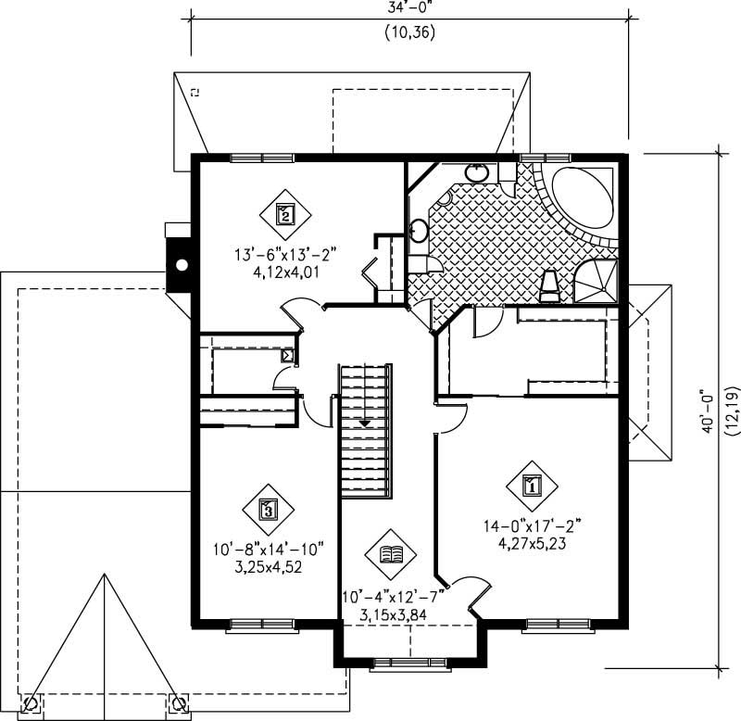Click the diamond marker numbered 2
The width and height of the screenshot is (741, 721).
(x=285, y=214)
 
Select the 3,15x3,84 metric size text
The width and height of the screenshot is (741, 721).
(x=392, y=616)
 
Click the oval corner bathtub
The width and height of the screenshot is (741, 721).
(x=581, y=196)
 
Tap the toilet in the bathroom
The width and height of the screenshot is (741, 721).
(x=548, y=285)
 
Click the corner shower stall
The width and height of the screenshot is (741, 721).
(x=596, y=280)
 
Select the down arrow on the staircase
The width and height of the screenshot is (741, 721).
(x=365, y=423)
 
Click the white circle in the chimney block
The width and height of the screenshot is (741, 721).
(x=182, y=266)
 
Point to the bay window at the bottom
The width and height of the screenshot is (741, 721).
(x=408, y=663)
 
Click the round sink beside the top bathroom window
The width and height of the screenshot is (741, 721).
(x=476, y=171)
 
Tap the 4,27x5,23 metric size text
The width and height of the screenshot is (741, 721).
(x=532, y=544)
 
